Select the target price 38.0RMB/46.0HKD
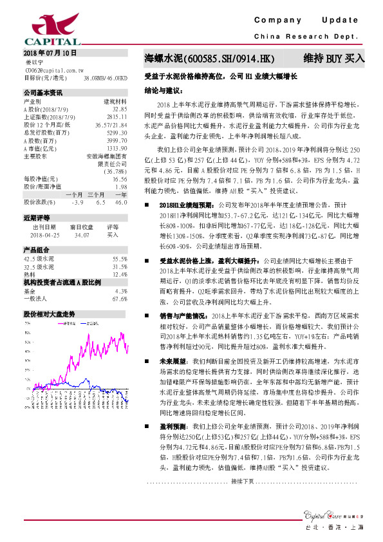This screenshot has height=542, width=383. pyautogui.click(x=106, y=77)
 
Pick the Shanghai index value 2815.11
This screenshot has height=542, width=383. pyautogui.click(x=118, y=117)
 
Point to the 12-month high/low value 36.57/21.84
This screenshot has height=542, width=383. pyautogui.click(x=114, y=124)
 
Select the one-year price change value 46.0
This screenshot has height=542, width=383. pyautogui.click(x=120, y=201)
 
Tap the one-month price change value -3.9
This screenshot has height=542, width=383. pyautogui.click(x=78, y=201)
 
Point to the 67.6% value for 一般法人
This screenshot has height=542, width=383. pyautogui.click(x=120, y=299)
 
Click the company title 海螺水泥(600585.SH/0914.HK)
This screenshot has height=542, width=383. pyautogui.click(x=209, y=59)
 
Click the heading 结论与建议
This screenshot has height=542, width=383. pyautogui.click(x=165, y=91)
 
